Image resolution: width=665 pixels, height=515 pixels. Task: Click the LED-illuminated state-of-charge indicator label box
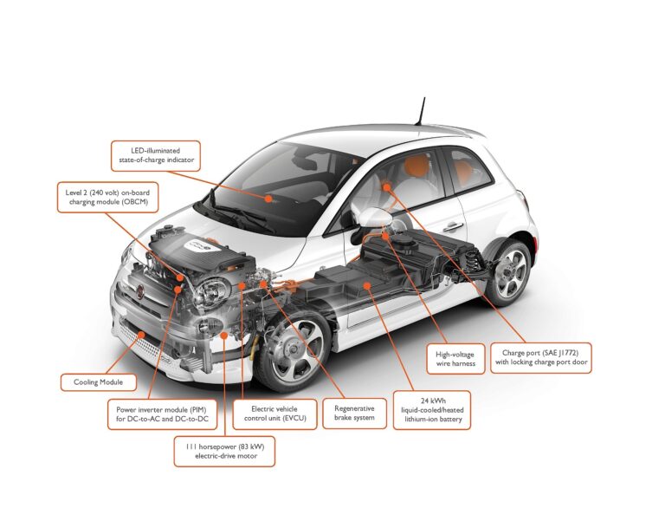(156, 156)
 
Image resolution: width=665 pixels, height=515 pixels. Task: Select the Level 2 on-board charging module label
(107, 198)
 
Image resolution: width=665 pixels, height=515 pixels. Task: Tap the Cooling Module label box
(99, 382)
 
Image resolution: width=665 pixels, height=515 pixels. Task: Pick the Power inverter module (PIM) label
(162, 414)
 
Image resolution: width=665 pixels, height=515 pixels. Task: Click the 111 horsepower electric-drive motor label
(224, 452)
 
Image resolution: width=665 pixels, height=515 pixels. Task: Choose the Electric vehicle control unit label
(274, 414)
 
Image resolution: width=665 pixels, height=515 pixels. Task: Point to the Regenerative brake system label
(354, 413)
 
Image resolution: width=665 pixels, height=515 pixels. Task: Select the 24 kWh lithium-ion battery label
(432, 410)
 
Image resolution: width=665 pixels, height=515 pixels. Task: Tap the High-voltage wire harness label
(455, 359)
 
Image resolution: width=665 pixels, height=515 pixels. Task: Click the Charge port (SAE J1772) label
(540, 358)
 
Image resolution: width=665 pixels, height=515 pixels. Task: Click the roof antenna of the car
(421, 111)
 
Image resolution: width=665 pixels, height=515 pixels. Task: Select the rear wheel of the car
(508, 272)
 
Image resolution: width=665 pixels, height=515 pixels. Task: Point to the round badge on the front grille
(140, 290)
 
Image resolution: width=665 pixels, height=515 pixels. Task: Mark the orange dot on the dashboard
(268, 199)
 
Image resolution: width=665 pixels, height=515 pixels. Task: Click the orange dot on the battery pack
(367, 286)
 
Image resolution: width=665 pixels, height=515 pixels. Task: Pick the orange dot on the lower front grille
(142, 335)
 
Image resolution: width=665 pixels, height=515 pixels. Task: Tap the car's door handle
(453, 226)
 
